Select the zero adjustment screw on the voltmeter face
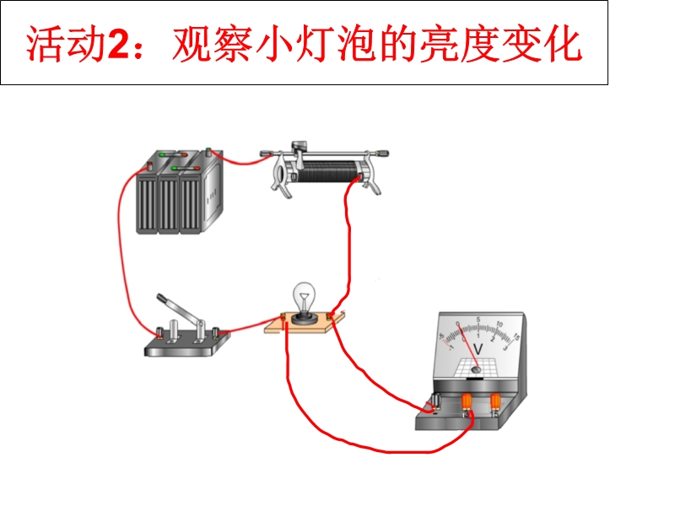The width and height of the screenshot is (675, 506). click(x=477, y=368)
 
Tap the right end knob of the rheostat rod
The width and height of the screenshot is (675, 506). click(x=385, y=153)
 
